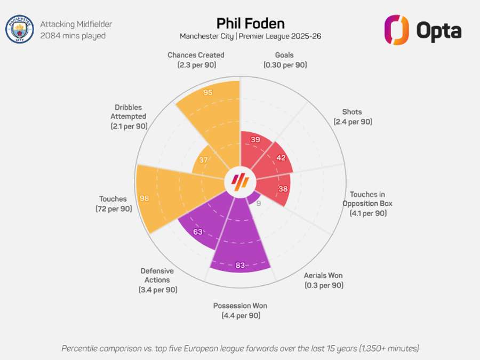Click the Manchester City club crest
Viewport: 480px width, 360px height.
(19, 29)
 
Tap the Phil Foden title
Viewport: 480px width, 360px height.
(251, 23)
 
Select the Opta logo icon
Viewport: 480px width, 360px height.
(396, 30)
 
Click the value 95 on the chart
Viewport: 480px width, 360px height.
(208, 92)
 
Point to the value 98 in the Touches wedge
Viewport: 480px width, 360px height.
(144, 198)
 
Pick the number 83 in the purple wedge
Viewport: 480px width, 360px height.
(240, 265)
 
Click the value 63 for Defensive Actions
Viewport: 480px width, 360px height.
(198, 232)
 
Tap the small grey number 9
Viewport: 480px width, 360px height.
(259, 203)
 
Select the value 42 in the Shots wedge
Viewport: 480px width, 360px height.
(281, 158)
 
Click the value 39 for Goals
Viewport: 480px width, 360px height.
(255, 140)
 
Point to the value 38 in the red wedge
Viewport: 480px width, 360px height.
(283, 189)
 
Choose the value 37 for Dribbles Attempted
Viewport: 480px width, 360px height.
(203, 160)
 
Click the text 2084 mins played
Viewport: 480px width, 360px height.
(73, 36)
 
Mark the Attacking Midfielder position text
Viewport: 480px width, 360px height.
(76, 24)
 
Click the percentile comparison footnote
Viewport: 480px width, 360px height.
(240, 348)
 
